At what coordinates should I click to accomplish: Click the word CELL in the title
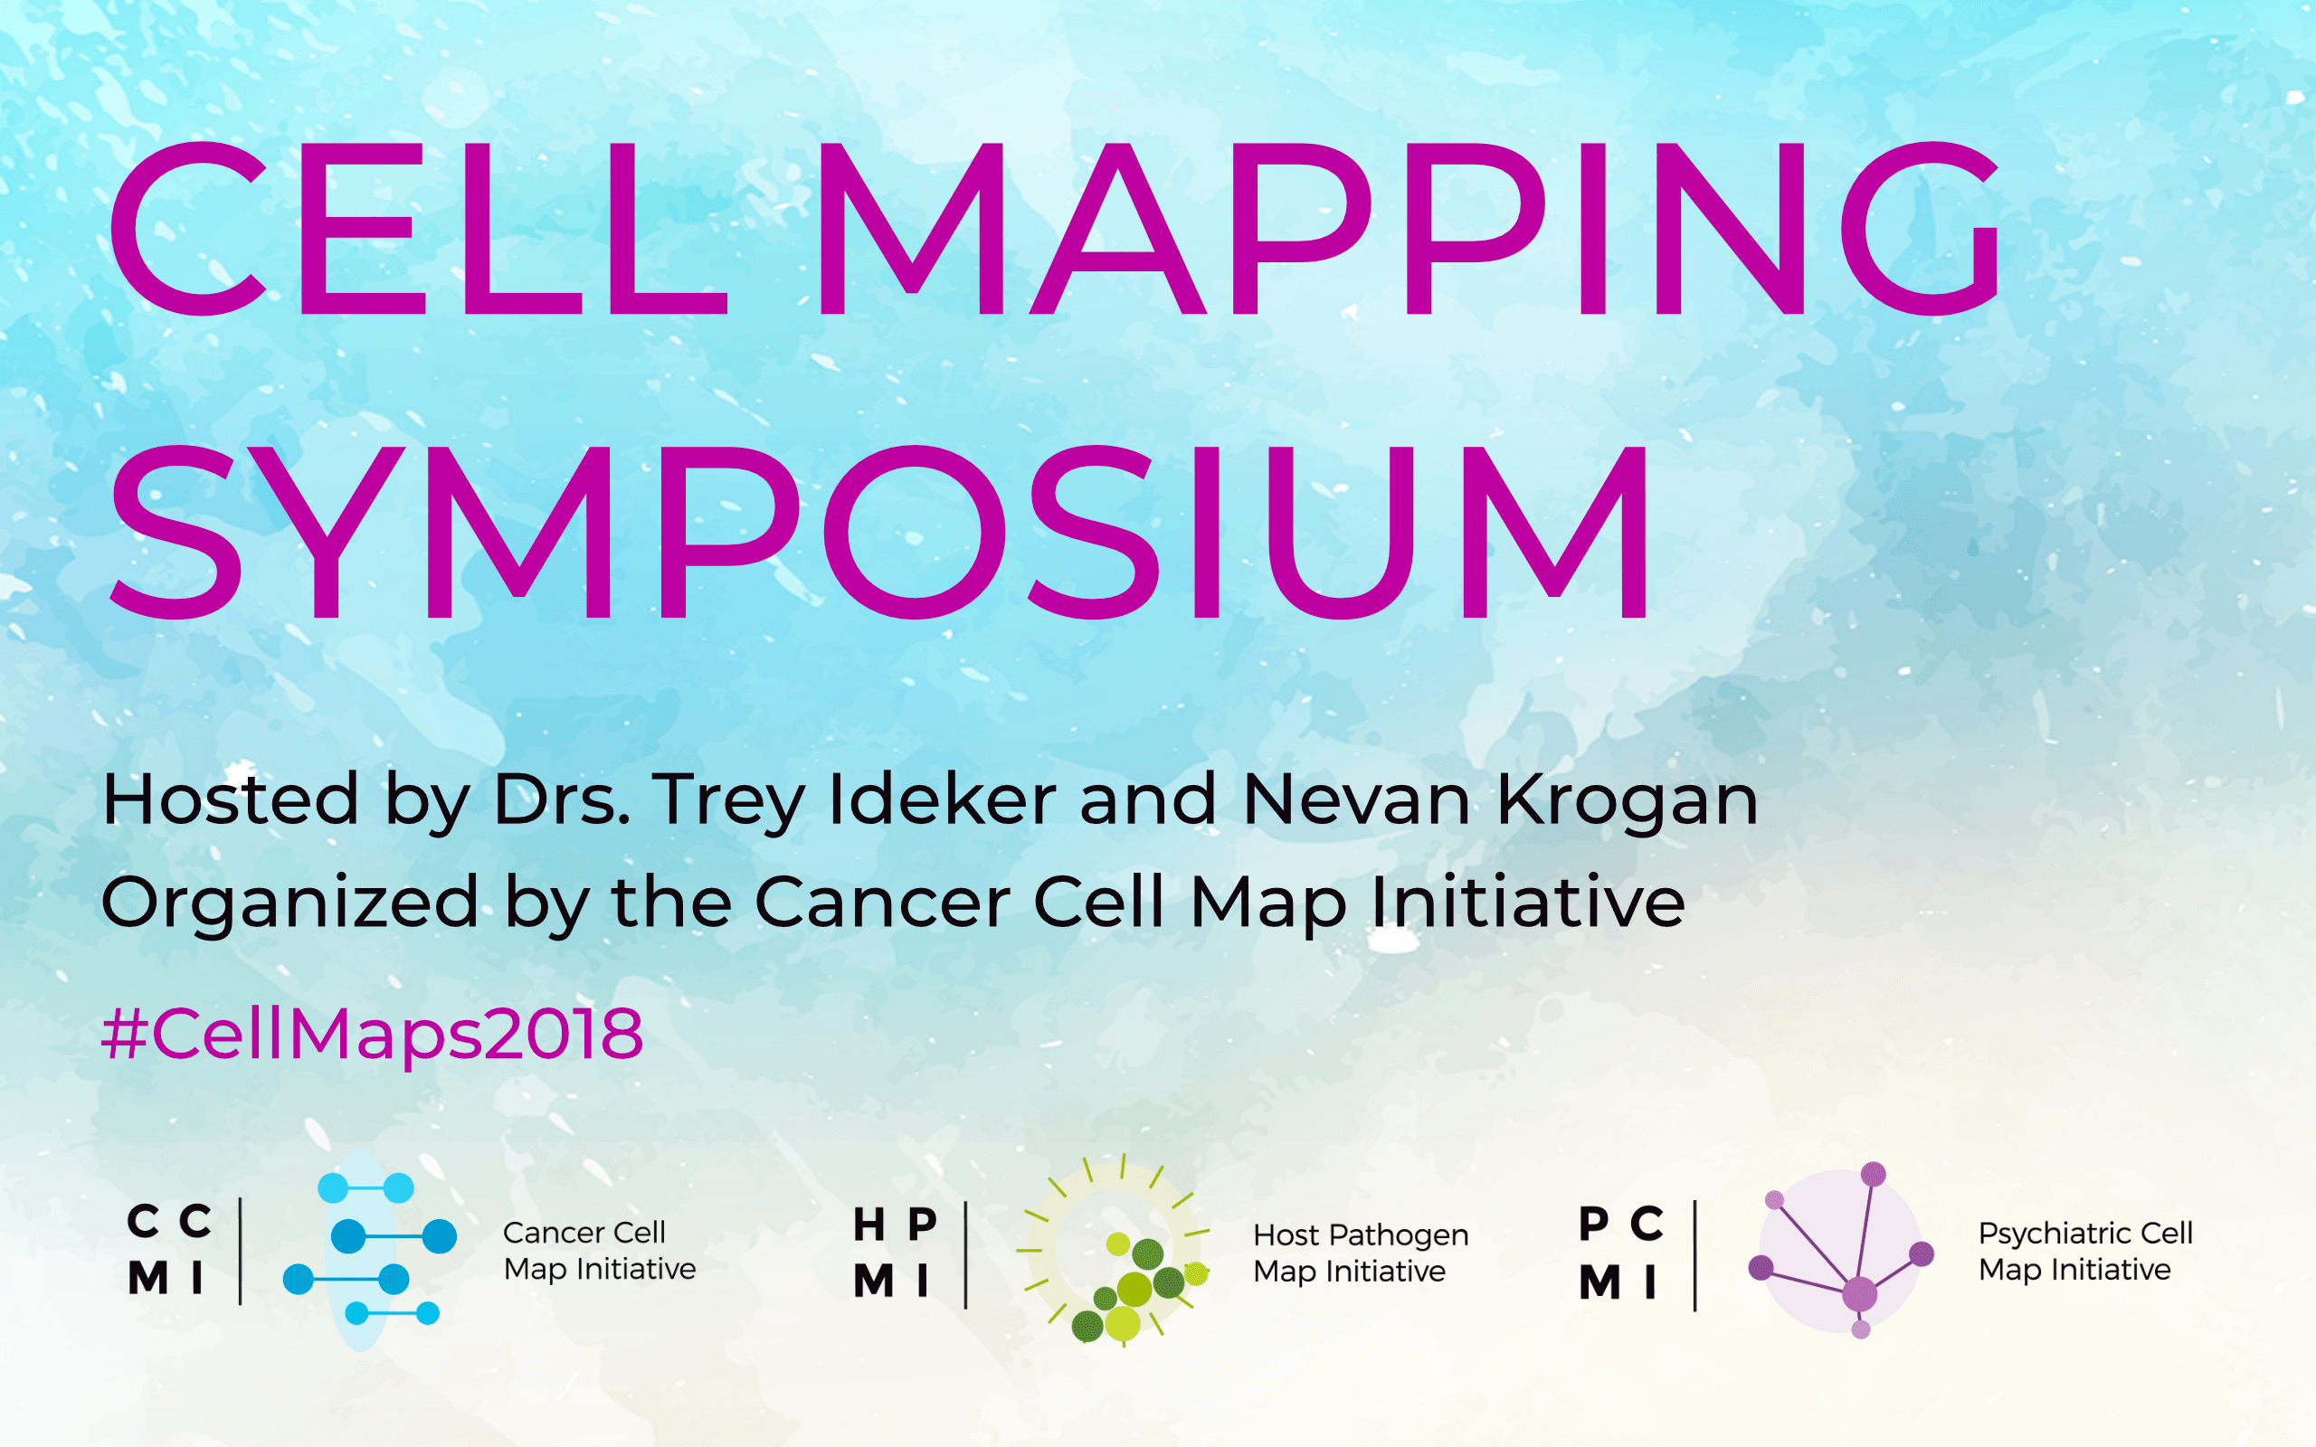tap(418, 229)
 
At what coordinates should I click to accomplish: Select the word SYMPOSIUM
tap(880, 532)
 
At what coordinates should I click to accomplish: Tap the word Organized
tap(289, 903)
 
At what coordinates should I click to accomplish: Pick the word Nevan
tap(1356, 799)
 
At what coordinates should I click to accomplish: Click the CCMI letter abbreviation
tap(169, 1249)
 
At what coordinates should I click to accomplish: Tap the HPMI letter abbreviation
tap(894, 1252)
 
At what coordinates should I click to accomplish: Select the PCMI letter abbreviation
tap(1621, 1252)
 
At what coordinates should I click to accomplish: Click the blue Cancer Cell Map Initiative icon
tap(369, 1251)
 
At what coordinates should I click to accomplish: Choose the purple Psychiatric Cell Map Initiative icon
tap(1841, 1251)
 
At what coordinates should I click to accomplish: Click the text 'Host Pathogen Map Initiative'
tap(1361, 1253)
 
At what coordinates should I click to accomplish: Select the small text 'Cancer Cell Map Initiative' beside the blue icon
tap(600, 1250)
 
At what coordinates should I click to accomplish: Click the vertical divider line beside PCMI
tap(1694, 1255)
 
